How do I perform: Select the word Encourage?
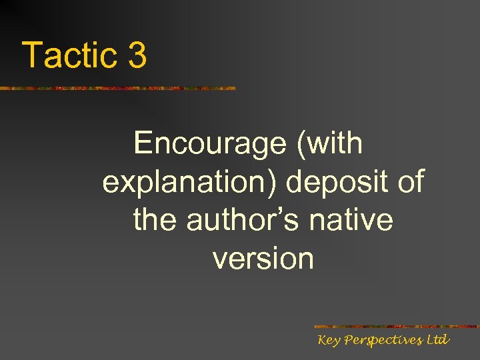click(210, 143)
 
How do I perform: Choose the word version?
click(263, 259)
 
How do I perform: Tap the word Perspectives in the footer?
click(379, 341)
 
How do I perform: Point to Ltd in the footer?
click(437, 340)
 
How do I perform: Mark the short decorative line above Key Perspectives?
click(396, 327)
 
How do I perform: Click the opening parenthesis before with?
click(301, 144)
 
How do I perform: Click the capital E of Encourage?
click(143, 143)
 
